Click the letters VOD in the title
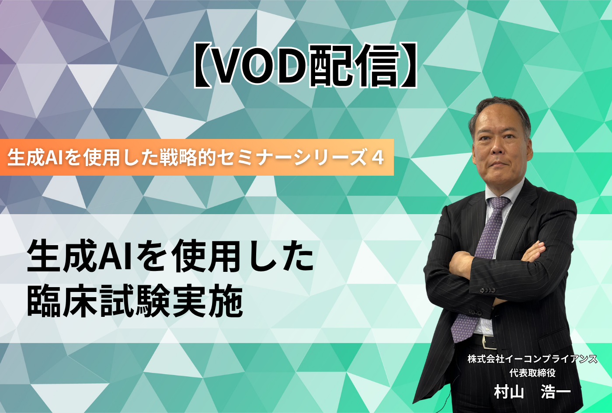point(260,66)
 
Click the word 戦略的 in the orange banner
point(188,158)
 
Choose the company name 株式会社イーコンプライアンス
point(532,359)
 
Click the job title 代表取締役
point(532,372)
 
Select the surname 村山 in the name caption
point(509,392)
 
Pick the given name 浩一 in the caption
point(556,392)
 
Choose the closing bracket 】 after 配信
point(408,66)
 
